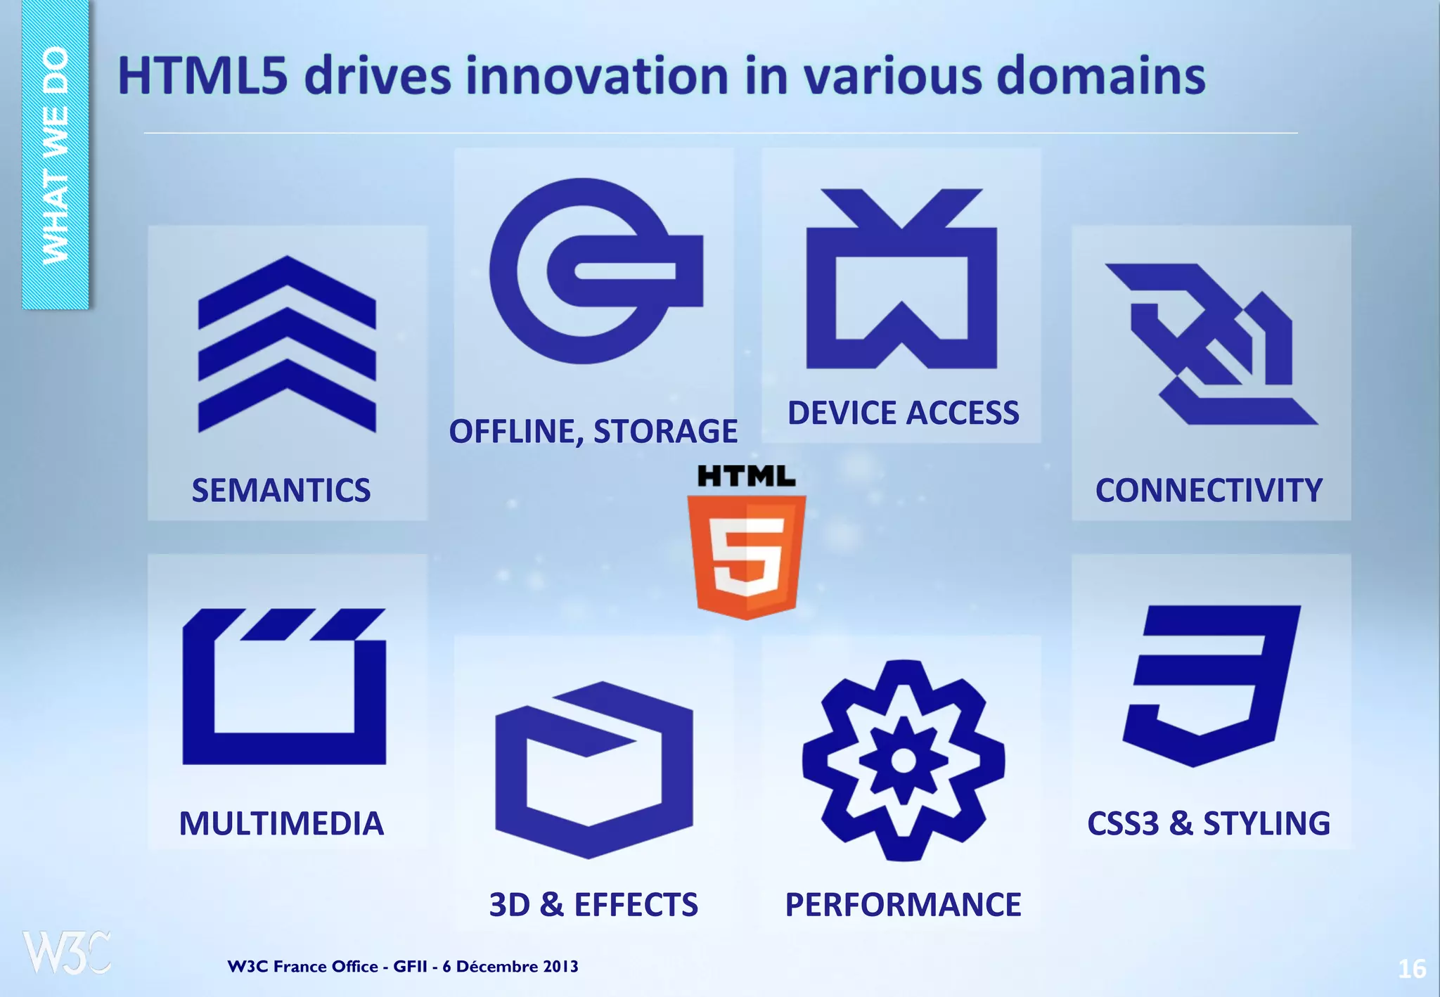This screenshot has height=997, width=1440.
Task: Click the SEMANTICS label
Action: [x=281, y=490]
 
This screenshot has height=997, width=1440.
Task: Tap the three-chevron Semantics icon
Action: [x=287, y=345]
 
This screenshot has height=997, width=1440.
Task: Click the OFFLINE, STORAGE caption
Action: [x=593, y=431]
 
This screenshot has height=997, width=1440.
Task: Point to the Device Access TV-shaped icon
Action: [x=901, y=281]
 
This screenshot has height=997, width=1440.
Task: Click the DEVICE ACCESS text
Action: [x=903, y=413]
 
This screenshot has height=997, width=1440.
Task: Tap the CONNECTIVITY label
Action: [x=1209, y=490]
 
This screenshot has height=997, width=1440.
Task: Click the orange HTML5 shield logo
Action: [x=746, y=555]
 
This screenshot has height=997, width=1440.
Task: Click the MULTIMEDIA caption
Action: [x=281, y=823]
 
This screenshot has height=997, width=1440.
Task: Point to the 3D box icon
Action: [x=593, y=769]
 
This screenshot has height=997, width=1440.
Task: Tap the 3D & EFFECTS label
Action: [x=593, y=904]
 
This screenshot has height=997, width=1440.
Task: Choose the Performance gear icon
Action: [x=904, y=761]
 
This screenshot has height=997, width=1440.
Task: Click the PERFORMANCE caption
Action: [x=903, y=904]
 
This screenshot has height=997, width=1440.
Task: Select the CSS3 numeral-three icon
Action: [x=1211, y=686]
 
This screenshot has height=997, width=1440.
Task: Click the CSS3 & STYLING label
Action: [x=1209, y=823]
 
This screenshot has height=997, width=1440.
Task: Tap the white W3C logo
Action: [x=67, y=953]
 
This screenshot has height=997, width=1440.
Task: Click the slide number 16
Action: [x=1411, y=969]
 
